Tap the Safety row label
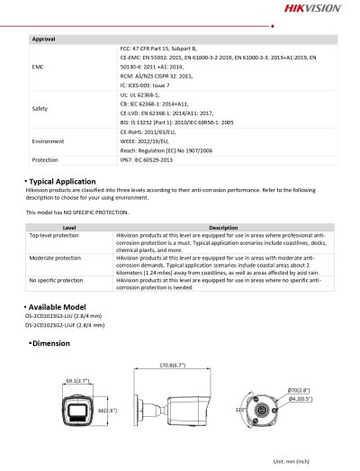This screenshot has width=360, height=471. [40, 108]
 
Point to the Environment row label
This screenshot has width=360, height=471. [47, 142]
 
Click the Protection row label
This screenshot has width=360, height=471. [44, 159]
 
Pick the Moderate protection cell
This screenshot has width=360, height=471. [56, 257]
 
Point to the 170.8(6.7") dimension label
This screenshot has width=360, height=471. [172, 366]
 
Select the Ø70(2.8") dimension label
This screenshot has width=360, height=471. [300, 388]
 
